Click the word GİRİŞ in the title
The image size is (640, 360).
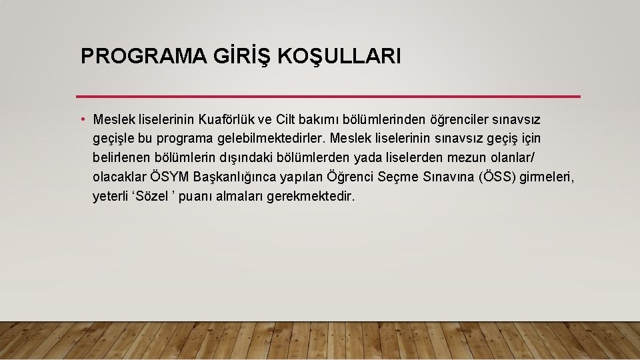(x=230, y=56)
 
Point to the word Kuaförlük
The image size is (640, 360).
(x=227, y=120)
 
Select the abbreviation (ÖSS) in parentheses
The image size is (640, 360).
(x=497, y=177)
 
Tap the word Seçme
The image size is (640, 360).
(x=399, y=177)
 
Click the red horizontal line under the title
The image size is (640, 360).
(x=329, y=97)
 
